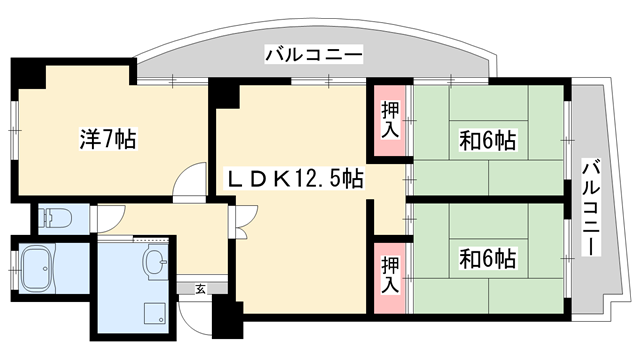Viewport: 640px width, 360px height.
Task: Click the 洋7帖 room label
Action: pyautogui.click(x=108, y=139)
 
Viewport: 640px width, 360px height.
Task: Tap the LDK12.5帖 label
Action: pyautogui.click(x=294, y=178)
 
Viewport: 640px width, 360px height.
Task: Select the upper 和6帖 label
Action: pyautogui.click(x=487, y=140)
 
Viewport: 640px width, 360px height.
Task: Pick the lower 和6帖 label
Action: pyautogui.click(x=487, y=258)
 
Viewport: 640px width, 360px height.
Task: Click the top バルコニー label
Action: pyautogui.click(x=313, y=54)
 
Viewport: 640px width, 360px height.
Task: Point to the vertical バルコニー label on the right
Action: pyautogui.click(x=591, y=207)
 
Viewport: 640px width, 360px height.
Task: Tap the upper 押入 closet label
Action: pyautogui.click(x=390, y=120)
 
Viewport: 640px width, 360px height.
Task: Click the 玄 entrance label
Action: pyautogui.click(x=200, y=289)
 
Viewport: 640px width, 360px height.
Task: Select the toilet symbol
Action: pyautogui.click(x=55, y=218)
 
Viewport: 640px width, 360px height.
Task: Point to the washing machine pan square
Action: pyautogui.click(x=155, y=313)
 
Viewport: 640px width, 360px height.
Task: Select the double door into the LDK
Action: pyautogui.click(x=244, y=222)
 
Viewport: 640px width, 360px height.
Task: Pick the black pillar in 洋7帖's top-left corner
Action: pyautogui.click(x=29, y=74)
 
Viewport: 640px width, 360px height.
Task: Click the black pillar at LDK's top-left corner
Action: pyautogui.click(x=224, y=94)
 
